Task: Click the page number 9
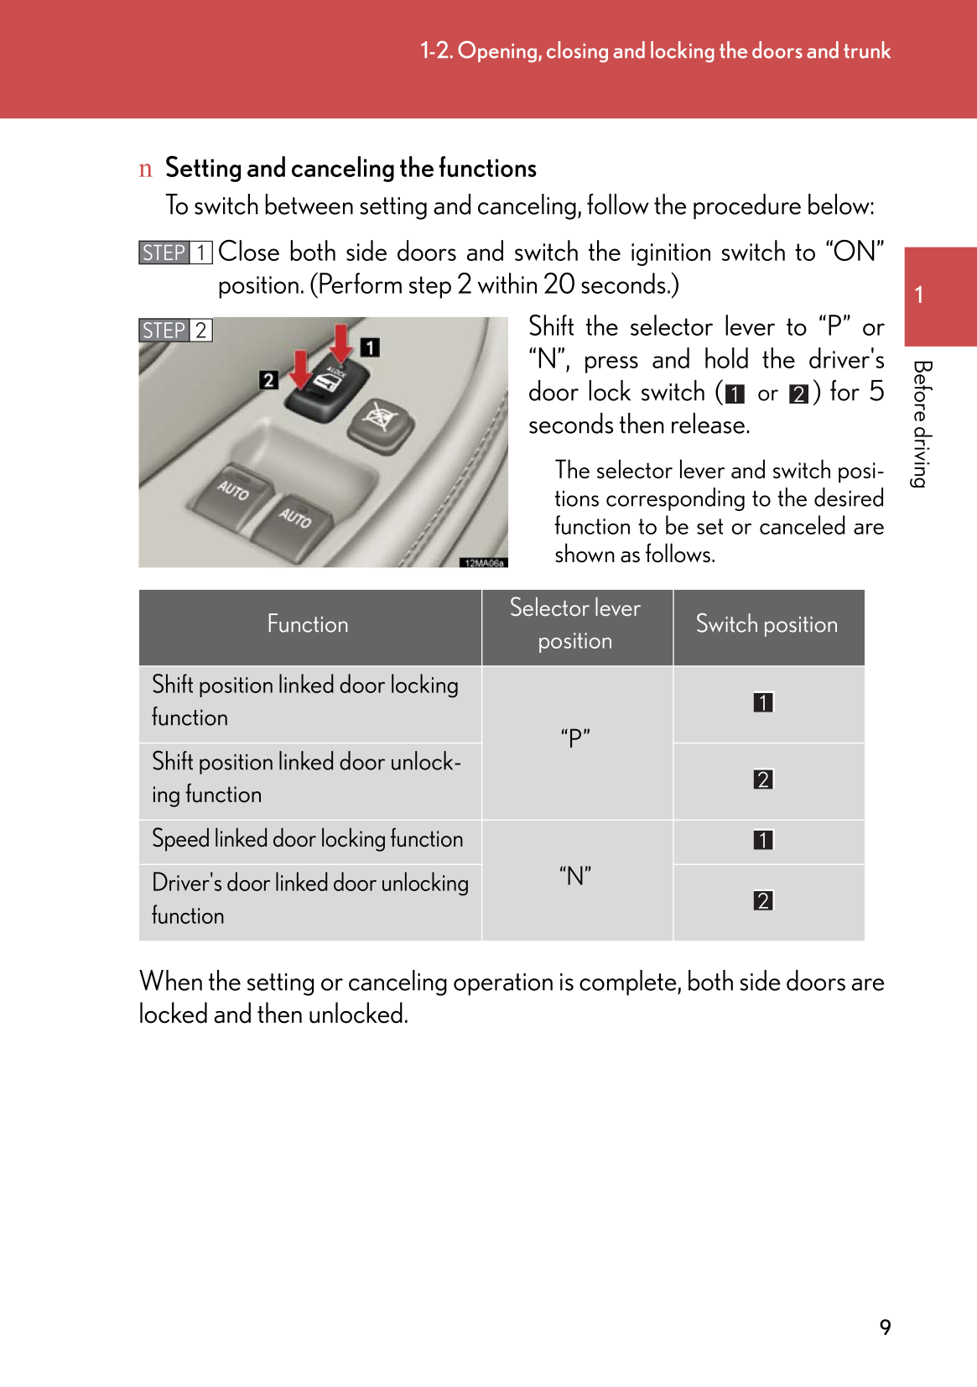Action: pos(885,1327)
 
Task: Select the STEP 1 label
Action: pos(175,253)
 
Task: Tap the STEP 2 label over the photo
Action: pos(175,331)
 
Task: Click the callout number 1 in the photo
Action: pos(370,347)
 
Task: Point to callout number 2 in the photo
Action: pos(268,380)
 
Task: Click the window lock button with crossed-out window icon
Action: pos(381,419)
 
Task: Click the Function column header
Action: pos(308,625)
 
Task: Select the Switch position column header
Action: pos(767,625)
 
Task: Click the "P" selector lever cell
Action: pos(575,738)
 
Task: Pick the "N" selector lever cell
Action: pos(575,877)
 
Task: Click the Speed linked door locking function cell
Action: pos(308,839)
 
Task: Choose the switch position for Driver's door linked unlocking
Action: pos(763,901)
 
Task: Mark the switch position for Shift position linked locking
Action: pos(763,702)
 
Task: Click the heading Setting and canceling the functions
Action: pos(351,169)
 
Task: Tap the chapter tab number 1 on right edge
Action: pos(920,295)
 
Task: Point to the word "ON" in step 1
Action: pos(855,252)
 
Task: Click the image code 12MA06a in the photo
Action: pos(484,563)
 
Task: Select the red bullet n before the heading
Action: pos(146,169)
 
